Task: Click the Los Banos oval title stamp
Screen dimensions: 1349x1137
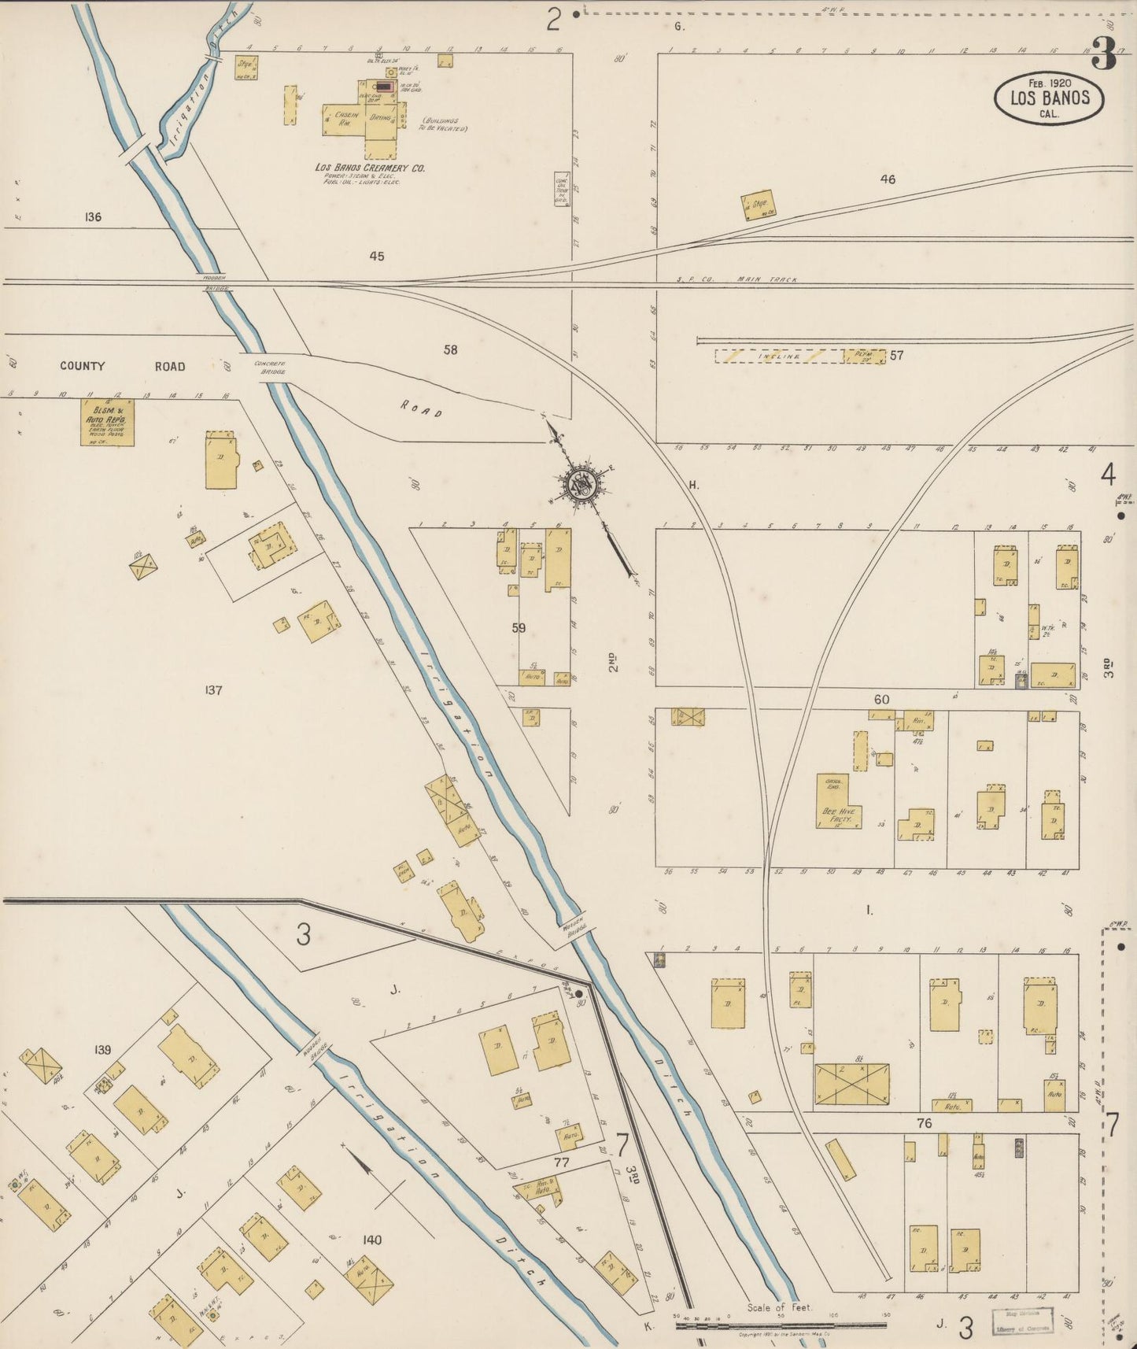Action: tap(1049, 98)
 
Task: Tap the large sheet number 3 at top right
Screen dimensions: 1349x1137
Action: tap(1104, 55)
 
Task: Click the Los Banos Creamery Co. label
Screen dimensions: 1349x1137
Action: tap(370, 168)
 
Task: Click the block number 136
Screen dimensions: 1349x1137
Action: tap(93, 216)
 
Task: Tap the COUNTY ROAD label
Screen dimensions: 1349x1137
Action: tap(122, 366)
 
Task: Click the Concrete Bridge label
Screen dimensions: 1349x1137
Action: tap(270, 367)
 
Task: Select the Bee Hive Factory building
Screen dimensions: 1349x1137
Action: tap(838, 803)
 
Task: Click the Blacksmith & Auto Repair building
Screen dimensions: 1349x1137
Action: tap(107, 423)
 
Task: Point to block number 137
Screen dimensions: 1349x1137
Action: tap(213, 690)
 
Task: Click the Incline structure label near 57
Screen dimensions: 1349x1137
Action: tap(779, 357)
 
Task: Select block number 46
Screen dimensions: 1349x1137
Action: tap(888, 179)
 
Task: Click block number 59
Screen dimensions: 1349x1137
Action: tap(519, 628)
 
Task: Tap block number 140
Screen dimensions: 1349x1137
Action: tap(371, 1240)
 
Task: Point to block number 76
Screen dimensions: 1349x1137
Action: tap(924, 1123)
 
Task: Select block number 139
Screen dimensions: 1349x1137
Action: tap(102, 1049)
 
